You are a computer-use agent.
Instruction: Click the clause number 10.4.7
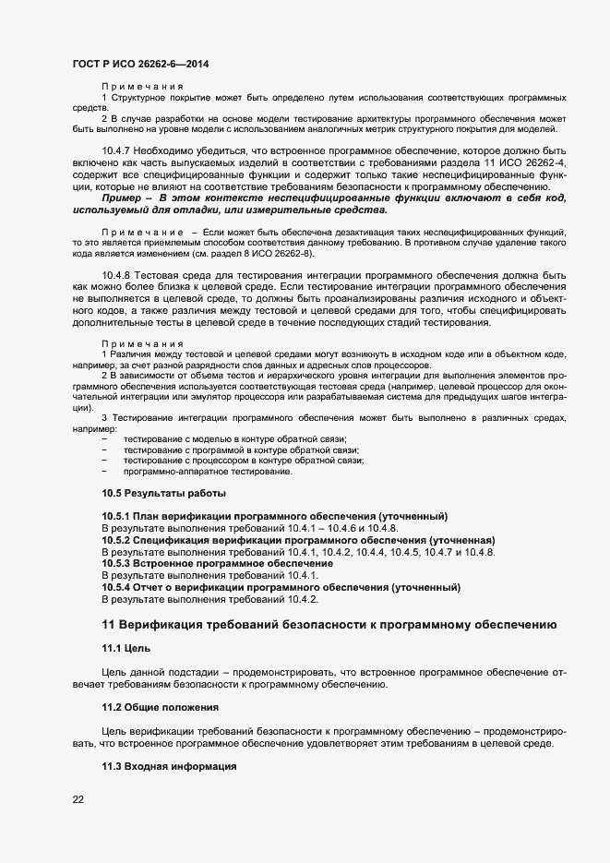116,150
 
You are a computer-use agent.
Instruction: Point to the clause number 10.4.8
116,276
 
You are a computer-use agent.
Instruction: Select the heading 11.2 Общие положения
160,707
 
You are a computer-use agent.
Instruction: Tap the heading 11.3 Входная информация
169,767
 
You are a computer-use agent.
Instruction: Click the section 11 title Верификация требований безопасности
328,625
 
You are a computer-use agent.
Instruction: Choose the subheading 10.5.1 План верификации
274,516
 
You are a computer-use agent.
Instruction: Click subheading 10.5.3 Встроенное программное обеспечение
217,563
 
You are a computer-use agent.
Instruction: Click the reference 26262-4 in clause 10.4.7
543,162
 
